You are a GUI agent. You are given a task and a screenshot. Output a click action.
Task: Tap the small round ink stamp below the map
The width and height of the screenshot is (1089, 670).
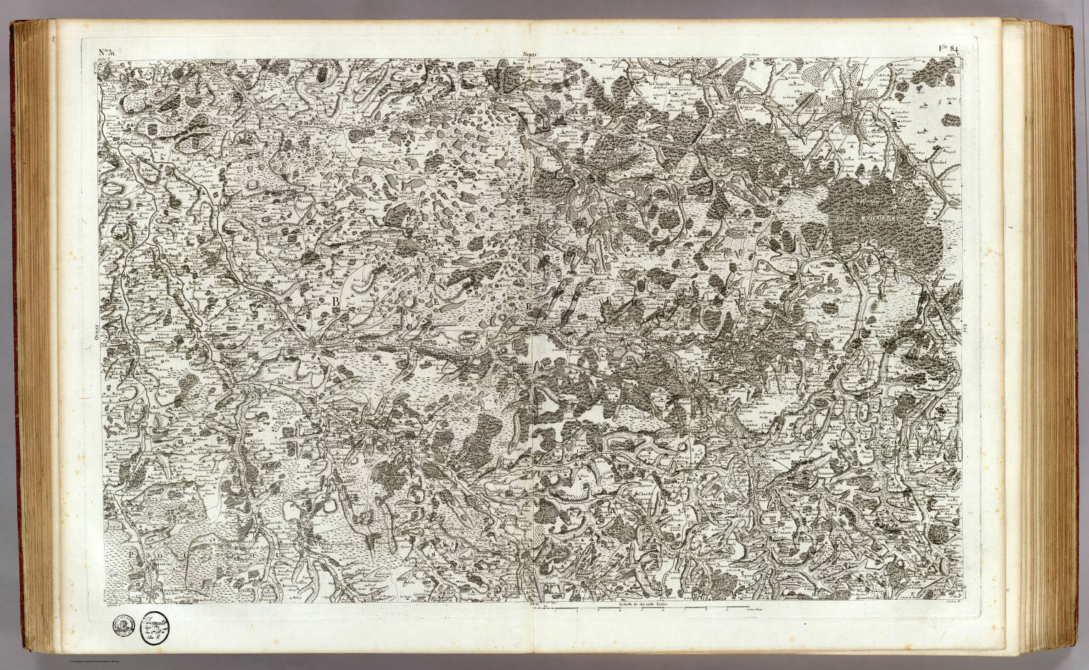tap(122, 624)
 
